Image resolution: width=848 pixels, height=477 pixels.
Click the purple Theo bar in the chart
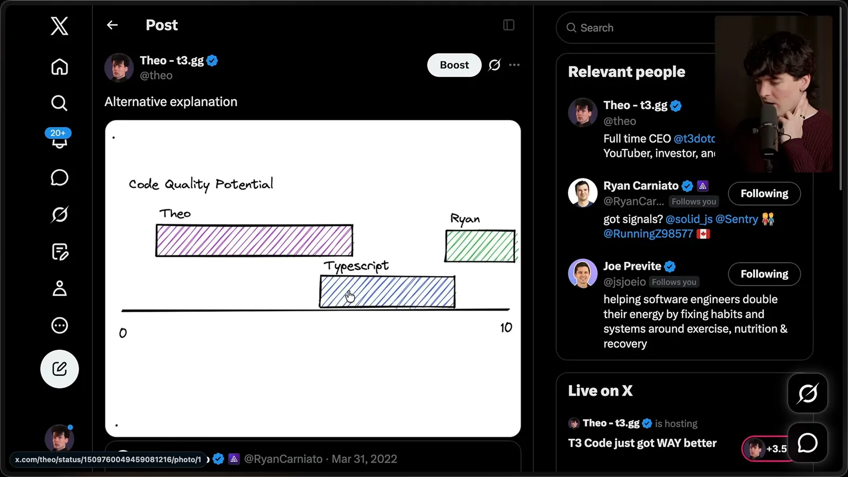pos(254,241)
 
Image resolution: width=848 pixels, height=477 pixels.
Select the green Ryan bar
pos(480,246)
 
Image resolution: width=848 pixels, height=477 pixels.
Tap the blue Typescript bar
pos(387,291)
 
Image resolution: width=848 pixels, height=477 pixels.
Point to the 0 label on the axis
pos(123,333)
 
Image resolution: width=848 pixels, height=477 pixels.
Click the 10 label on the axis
pos(506,328)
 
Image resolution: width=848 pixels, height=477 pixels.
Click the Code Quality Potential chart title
pos(201,185)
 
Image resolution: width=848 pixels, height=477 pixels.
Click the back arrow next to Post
pos(112,25)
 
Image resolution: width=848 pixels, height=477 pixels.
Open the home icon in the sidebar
pos(59,67)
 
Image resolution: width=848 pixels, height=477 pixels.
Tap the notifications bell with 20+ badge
pos(59,138)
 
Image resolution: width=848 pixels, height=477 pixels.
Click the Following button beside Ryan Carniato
pos(764,193)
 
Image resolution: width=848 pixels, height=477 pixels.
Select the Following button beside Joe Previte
pos(764,274)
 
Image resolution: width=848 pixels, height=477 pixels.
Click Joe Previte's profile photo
pos(582,273)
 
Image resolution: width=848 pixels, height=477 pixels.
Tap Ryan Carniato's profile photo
pos(582,193)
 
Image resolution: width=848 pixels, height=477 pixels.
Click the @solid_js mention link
pos(689,219)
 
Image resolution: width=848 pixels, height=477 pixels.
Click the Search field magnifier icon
pos(571,28)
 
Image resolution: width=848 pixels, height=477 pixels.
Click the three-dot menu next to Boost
pos(514,65)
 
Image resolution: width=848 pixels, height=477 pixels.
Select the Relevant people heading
pos(626,72)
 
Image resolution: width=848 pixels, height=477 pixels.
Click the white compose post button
pos(59,369)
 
